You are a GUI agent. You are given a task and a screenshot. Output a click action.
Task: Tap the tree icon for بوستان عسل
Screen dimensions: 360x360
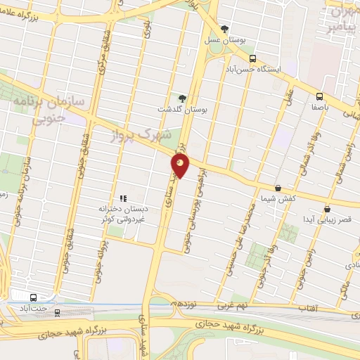[x=224, y=29]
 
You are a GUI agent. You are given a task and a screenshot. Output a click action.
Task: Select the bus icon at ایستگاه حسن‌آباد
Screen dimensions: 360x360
[x=253, y=60]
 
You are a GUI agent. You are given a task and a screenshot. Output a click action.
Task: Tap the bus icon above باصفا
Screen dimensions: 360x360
[x=319, y=96]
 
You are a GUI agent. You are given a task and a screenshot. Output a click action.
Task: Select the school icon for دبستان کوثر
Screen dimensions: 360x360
[x=123, y=198]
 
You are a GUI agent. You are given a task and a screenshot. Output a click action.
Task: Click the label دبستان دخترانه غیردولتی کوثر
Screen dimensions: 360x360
[x=123, y=214]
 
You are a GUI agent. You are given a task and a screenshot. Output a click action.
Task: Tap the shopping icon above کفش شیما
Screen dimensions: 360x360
[x=278, y=188]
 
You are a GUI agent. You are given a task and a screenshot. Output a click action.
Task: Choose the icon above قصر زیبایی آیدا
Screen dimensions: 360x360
[x=327, y=209]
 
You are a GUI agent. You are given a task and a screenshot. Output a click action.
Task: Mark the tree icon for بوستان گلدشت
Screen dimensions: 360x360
[x=183, y=98]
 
